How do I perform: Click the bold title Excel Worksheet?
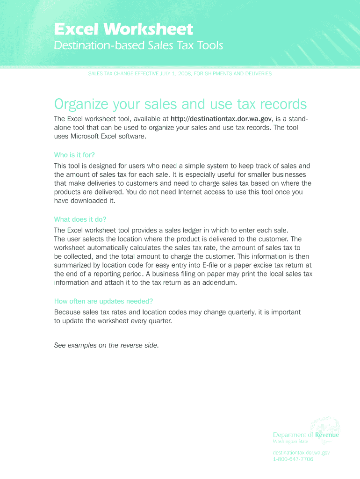pyautogui.click(x=123, y=30)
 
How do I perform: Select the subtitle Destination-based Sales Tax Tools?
pyautogui.click(x=138, y=46)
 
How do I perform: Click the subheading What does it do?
pyautogui.click(x=80, y=219)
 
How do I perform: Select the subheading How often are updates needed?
pyautogui.click(x=104, y=301)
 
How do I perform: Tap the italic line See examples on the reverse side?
pyautogui.click(x=107, y=346)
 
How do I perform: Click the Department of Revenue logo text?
pyautogui.click(x=306, y=435)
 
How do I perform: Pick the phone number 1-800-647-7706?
pyautogui.click(x=293, y=459)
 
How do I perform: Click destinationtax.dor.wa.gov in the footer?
pyautogui.click(x=302, y=453)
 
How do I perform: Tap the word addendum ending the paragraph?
pyautogui.click(x=220, y=283)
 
